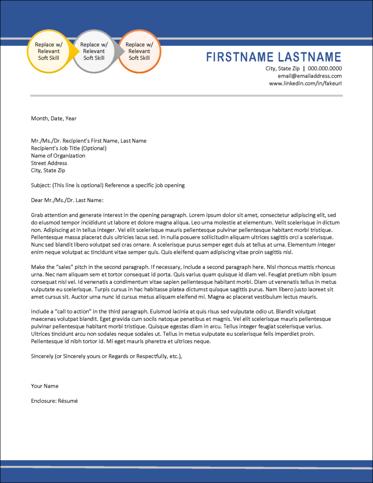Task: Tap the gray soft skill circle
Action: [94, 51]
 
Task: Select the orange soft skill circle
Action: [139, 51]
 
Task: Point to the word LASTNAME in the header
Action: [309, 58]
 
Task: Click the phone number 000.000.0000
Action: [325, 68]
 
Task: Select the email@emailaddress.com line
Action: [309, 76]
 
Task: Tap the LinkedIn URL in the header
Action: [305, 83]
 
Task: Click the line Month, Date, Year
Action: [54, 118]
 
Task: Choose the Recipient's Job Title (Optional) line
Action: [69, 148]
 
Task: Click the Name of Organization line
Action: [58, 156]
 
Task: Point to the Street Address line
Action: [49, 163]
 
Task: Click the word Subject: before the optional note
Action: [41, 185]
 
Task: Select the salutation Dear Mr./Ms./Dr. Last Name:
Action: [67, 200]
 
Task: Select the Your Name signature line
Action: [45, 386]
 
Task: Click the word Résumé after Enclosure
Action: [67, 401]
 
